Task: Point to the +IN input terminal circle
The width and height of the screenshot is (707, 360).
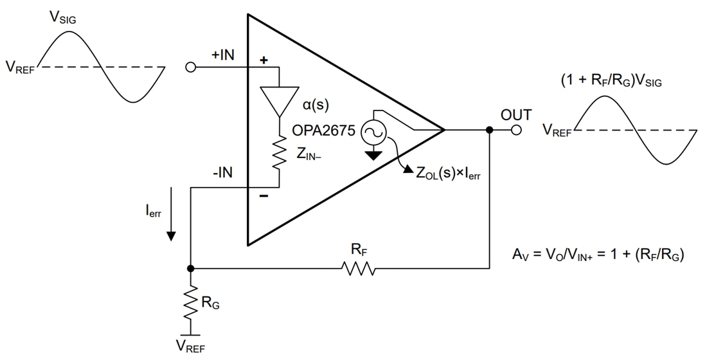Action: pos(190,67)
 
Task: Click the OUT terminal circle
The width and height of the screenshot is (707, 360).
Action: pos(515,130)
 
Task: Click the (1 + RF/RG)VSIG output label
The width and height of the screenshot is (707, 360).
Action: pos(610,82)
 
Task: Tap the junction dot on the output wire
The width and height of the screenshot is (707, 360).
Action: pos(490,130)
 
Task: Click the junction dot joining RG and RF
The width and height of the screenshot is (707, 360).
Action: pos(191,268)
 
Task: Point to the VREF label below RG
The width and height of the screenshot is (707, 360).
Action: pos(191,348)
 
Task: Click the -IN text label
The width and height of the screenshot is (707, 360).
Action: pos(222,172)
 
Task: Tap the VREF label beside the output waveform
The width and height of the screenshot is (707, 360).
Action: pos(557,132)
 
